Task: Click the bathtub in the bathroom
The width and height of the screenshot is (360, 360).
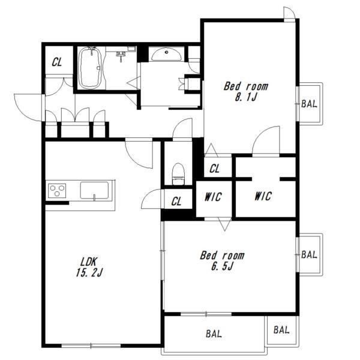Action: pos(90,68)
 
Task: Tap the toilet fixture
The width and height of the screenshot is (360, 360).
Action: pos(178,174)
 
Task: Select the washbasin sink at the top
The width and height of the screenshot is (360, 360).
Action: pos(166,54)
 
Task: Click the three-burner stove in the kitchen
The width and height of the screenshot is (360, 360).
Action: pos(57,191)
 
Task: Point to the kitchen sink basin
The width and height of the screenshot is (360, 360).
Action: pos(94,190)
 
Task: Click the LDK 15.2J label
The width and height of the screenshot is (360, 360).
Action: pos(89,267)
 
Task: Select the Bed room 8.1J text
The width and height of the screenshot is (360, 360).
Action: pos(245,92)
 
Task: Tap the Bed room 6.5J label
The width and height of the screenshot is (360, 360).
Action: pos(222,260)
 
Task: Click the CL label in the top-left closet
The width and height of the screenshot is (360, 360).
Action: pos(57,62)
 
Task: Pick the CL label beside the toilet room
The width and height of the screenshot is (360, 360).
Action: pos(176,202)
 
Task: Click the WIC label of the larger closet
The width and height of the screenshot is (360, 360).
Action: pos(263,196)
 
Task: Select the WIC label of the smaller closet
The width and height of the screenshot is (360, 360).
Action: pos(213,197)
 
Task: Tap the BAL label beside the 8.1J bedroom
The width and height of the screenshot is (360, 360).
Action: pos(309,104)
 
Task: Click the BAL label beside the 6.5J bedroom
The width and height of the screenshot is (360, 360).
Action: pos(309,254)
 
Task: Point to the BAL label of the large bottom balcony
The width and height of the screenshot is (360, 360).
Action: pos(214,334)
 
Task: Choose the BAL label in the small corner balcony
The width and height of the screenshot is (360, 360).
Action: pos(281,330)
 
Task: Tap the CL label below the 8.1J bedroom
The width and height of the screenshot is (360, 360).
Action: pos(214,169)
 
